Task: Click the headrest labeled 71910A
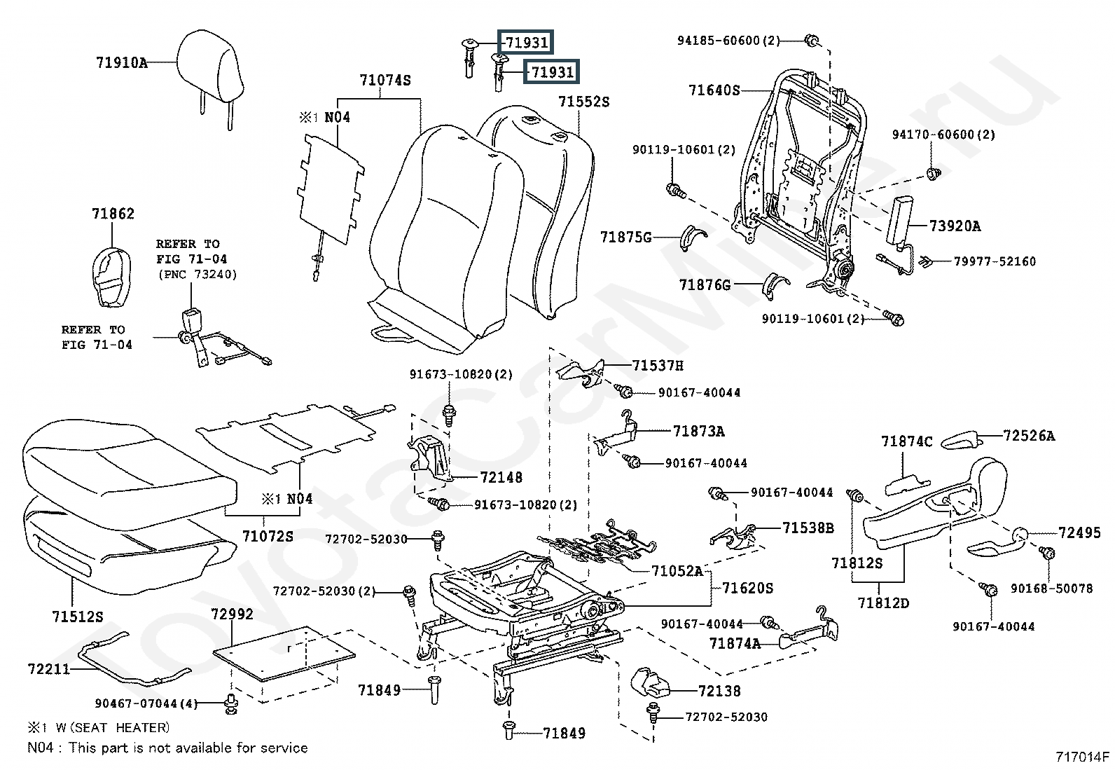210,64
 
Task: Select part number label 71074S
385,81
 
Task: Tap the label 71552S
583,102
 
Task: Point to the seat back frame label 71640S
714,90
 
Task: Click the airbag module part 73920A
897,220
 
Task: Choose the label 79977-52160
995,261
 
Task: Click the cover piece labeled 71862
111,276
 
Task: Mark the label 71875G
625,238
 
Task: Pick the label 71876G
705,285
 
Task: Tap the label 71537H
657,366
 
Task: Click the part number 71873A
698,432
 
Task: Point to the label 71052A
677,571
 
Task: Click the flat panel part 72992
284,653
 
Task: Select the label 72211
49,669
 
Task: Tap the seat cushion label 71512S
77,617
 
